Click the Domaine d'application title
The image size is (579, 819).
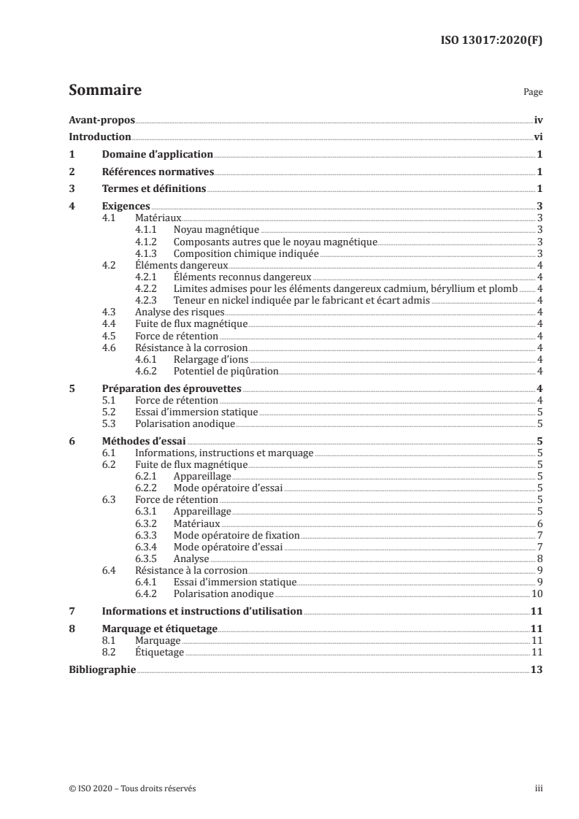coord(157,155)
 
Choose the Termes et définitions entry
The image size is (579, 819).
coord(154,190)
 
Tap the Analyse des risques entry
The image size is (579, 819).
coord(172,312)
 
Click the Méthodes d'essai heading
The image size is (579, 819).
coord(144,441)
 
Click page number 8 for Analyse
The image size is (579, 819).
coord(539,559)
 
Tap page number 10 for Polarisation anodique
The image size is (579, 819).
coord(537,593)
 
